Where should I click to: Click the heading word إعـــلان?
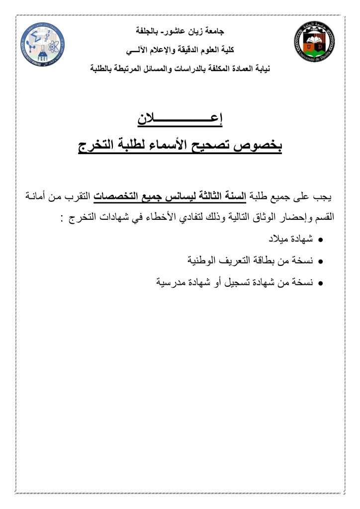[x=180, y=120]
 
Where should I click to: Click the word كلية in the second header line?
[x=226, y=50]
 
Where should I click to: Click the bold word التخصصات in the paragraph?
[x=116, y=197]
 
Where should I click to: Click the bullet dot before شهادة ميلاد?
[x=321, y=240]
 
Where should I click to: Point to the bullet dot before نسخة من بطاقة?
[x=321, y=261]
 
